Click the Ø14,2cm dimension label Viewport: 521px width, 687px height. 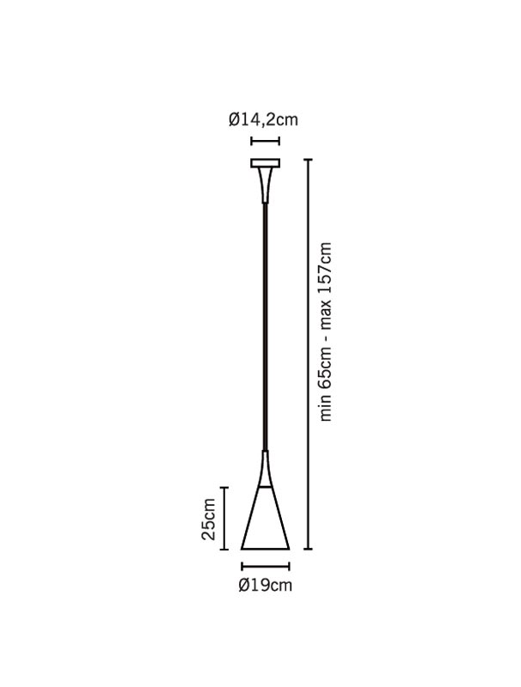pyautogui.click(x=263, y=119)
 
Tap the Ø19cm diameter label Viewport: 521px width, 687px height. pyautogui.click(x=266, y=586)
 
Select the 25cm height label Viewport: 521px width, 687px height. pyautogui.click(x=208, y=520)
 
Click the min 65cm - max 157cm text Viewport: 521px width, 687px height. pyautogui.click(x=325, y=331)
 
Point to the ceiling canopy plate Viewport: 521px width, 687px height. pyautogui.click(x=266, y=163)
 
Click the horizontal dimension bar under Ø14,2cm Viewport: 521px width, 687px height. pyautogui.click(x=266, y=141)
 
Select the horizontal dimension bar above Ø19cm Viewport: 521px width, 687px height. pyautogui.click(x=266, y=567)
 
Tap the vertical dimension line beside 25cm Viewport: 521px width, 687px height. pyautogui.click(x=225, y=518)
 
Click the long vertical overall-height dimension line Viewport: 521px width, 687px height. pyautogui.click(x=309, y=354)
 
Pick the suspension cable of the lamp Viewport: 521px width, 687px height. pyautogui.click(x=265, y=326)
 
